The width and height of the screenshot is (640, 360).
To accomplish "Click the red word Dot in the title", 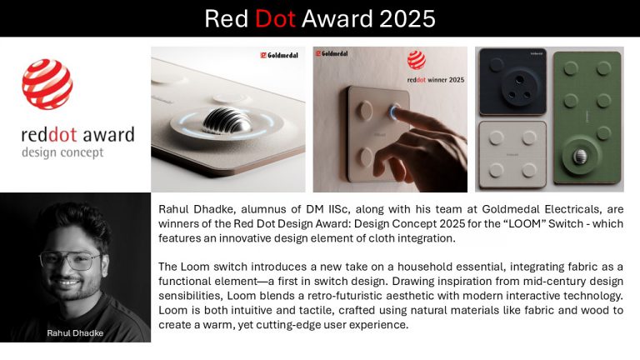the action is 275,19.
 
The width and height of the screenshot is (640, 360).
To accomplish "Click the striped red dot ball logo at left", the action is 47,84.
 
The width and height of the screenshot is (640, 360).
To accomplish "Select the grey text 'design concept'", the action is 62,152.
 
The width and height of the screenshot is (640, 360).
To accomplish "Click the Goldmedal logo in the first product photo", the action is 279,55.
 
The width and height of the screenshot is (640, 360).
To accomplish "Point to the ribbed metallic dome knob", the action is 227,120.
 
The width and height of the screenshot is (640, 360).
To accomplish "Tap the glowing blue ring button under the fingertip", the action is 394,112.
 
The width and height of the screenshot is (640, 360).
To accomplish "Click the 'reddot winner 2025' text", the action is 436,80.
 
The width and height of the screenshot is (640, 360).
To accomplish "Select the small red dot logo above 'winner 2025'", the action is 417,60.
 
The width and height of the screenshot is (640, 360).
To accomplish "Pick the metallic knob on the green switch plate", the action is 580,156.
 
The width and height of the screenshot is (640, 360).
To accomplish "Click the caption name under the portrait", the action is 75,333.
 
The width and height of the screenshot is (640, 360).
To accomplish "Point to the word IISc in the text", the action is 338,209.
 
